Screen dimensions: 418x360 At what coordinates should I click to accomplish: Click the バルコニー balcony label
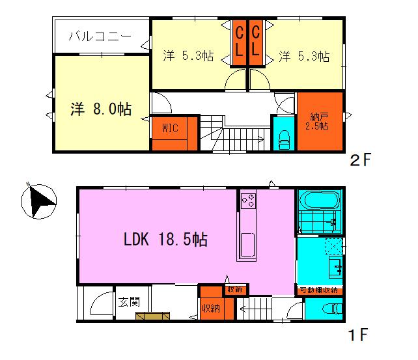click(x=100, y=36)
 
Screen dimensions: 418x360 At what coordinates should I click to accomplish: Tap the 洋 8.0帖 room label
click(x=101, y=109)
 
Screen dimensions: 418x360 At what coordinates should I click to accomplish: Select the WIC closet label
click(x=170, y=128)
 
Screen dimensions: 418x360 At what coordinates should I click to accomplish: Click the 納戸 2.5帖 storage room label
click(x=317, y=122)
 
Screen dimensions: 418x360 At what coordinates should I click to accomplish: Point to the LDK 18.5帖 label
click(x=165, y=239)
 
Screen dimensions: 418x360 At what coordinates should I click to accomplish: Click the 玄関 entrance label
click(x=129, y=302)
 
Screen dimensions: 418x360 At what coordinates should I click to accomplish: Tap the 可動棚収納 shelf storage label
click(x=319, y=290)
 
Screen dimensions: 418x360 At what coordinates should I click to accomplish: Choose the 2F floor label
click(x=361, y=160)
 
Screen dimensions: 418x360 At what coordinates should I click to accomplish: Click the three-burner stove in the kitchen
click(x=248, y=201)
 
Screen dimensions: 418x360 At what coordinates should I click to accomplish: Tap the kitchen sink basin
click(x=247, y=245)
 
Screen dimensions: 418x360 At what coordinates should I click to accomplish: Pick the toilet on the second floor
click(x=284, y=140)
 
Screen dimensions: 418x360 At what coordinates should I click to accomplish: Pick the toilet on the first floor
click(x=332, y=309)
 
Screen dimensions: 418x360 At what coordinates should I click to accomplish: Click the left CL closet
click(x=239, y=42)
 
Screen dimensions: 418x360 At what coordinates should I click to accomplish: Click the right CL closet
click(x=256, y=42)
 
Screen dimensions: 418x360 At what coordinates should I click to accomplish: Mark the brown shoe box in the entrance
click(x=152, y=316)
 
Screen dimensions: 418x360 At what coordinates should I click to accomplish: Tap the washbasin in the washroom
click(x=335, y=267)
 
